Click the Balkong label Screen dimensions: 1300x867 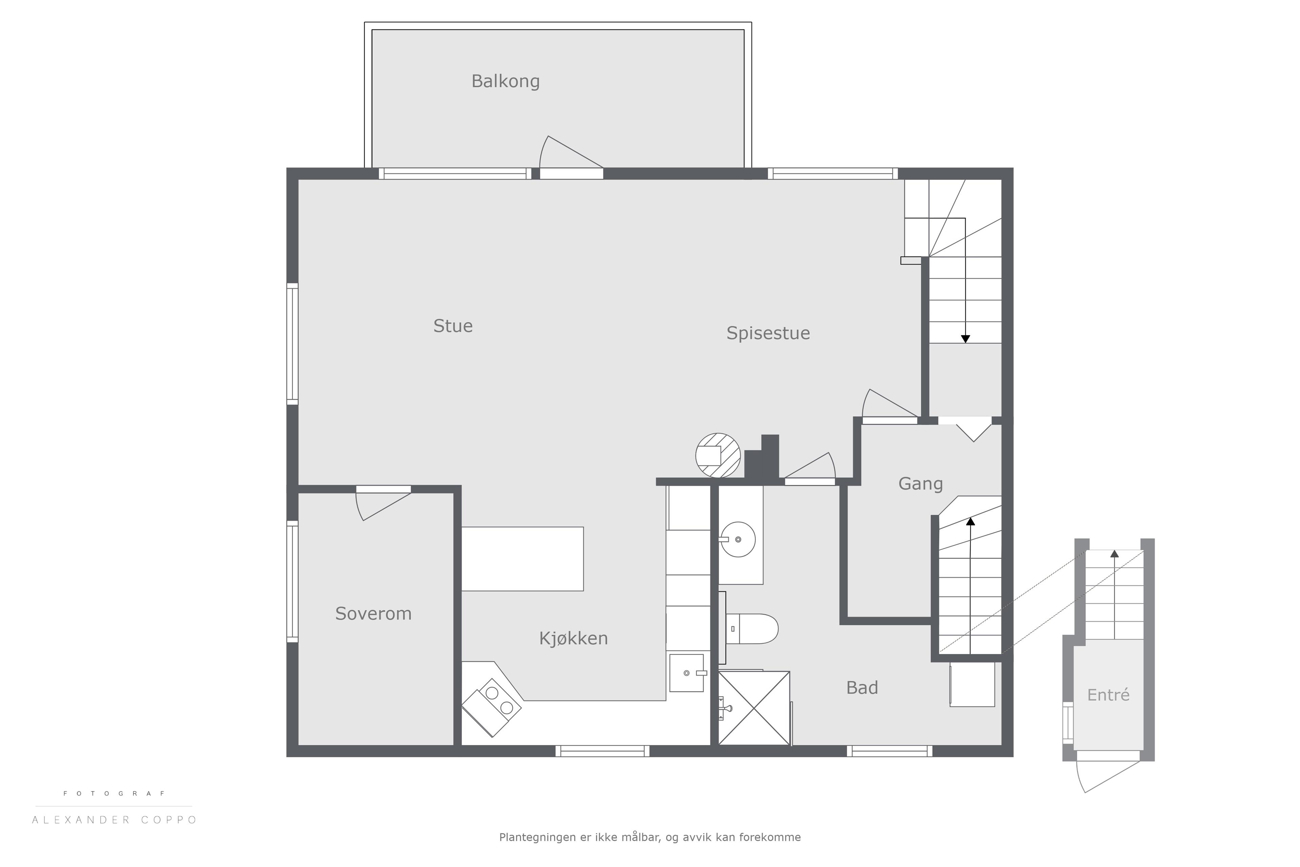(x=505, y=81)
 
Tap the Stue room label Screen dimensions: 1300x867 (x=453, y=326)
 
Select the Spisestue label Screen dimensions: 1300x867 (x=768, y=333)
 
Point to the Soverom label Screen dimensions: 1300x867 (x=373, y=613)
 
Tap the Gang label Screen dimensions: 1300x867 (x=920, y=484)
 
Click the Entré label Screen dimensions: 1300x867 (x=1108, y=695)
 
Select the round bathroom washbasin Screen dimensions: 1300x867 (x=737, y=539)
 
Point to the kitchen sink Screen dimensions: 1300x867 (x=687, y=673)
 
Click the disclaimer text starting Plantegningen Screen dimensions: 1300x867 (x=650, y=837)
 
